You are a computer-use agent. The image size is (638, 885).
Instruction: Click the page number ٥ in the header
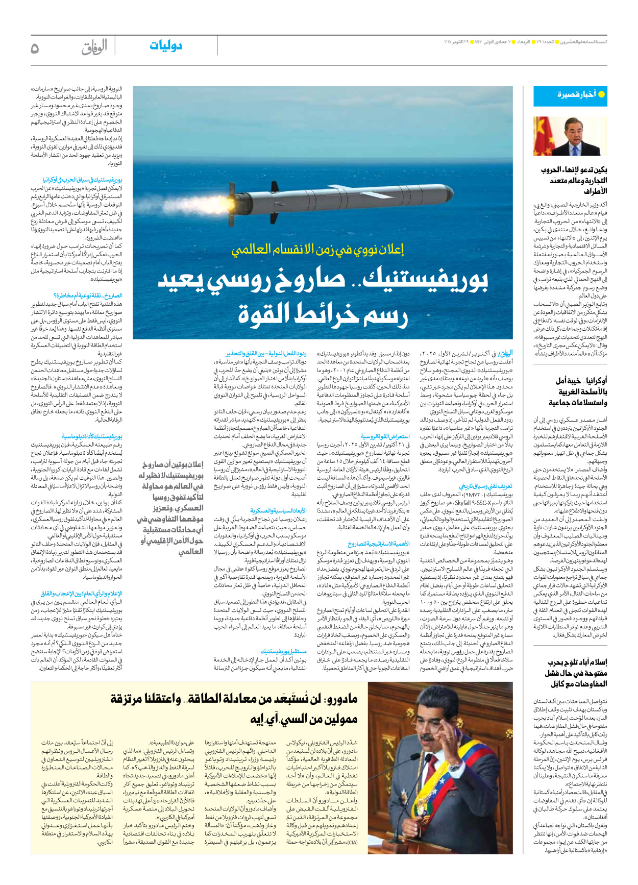tap(35, 48)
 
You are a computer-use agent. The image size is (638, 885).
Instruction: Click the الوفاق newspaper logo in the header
tap(94, 47)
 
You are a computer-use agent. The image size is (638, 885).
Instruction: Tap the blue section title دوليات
tap(166, 46)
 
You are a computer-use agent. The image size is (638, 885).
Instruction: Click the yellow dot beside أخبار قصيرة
tap(601, 94)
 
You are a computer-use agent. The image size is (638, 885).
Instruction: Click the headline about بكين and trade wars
tap(574, 180)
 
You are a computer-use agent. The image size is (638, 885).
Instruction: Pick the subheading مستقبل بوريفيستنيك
tap(283, 651)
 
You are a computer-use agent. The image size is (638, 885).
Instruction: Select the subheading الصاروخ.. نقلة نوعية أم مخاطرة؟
tap(88, 296)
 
